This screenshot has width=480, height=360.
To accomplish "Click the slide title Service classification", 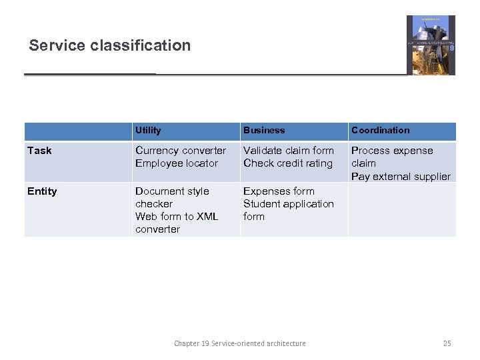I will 110,45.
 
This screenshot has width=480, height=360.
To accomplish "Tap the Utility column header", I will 148,131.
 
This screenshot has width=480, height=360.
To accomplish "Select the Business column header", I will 264,131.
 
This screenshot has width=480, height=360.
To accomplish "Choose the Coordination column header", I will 381,131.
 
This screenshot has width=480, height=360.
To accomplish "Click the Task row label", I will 39,151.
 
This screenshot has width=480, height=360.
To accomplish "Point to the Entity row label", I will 42,191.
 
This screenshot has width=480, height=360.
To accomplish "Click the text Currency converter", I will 181,151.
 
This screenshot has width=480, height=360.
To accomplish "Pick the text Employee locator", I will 177,163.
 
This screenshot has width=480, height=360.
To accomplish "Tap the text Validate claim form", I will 289,151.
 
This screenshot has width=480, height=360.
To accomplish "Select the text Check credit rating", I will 288,163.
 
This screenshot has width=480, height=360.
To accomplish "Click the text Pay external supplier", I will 401,177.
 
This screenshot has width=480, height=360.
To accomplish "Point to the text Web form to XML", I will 177,217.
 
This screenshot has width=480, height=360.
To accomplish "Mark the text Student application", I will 289,204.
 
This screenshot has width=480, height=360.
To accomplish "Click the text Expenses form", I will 279,191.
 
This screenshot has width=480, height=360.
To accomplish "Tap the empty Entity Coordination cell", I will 402,209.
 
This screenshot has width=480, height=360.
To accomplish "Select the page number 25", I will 447,343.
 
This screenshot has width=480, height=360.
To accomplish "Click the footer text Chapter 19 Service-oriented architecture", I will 240,343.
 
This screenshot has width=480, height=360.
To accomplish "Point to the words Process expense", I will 392,151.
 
